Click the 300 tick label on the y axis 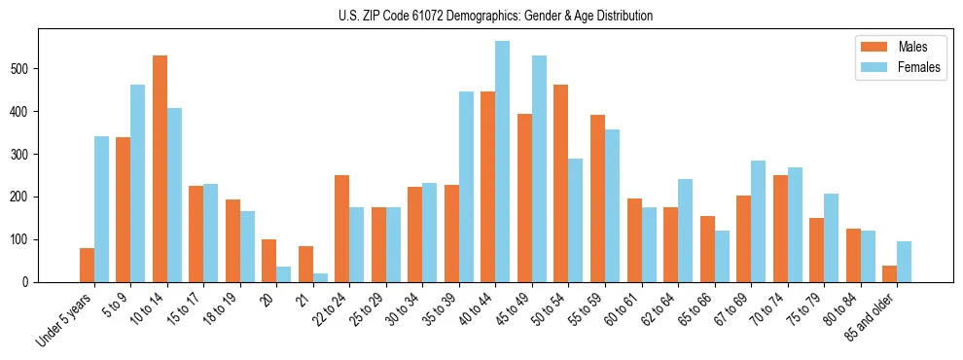tap(24, 154)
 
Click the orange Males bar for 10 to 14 tap(160, 168)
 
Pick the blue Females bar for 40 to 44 tap(502, 162)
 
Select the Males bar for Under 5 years tap(87, 265)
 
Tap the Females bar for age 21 tap(320, 277)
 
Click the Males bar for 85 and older tap(889, 273)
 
